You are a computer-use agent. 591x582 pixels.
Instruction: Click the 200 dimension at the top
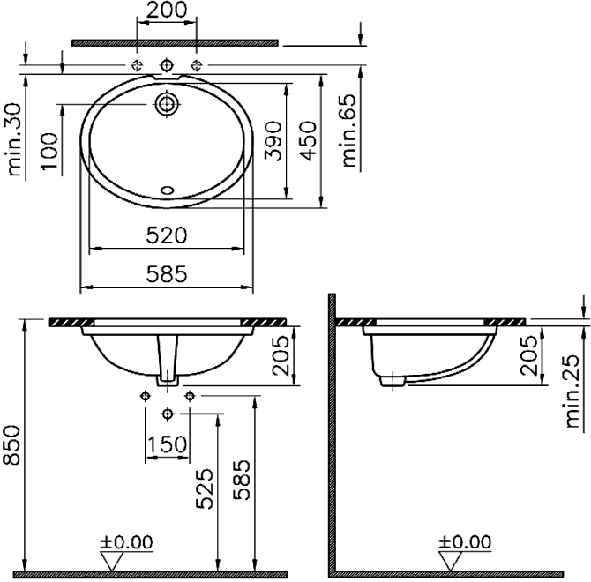(x=166, y=10)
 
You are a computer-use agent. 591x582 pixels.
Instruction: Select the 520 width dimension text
(x=166, y=235)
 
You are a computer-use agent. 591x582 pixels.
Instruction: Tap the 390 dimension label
(x=273, y=141)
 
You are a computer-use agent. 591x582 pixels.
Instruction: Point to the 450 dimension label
(x=309, y=141)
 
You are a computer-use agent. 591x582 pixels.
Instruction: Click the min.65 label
(x=348, y=131)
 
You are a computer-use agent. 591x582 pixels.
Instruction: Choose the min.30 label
(x=15, y=139)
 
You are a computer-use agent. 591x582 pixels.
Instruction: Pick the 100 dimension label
(x=49, y=152)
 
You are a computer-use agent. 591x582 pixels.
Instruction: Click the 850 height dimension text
(x=11, y=445)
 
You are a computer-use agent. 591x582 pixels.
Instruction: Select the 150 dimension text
(x=167, y=444)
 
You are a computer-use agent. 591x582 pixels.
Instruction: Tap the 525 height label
(x=205, y=489)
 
